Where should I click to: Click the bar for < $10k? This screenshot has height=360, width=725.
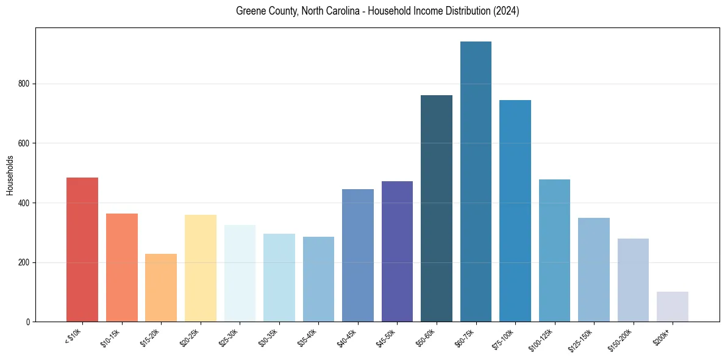point(82,250)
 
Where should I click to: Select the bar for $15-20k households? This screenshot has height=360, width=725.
point(161,287)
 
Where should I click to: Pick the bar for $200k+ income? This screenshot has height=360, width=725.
point(673,306)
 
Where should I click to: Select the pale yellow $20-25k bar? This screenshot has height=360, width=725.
point(201,268)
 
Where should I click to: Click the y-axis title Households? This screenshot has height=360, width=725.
point(10,175)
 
